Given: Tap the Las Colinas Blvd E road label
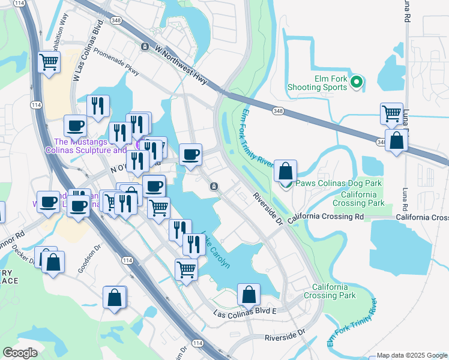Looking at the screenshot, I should point(245,313).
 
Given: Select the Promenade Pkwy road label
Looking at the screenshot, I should point(116,62).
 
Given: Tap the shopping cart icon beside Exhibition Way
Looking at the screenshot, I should point(49,61).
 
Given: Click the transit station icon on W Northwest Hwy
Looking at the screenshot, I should point(145,46).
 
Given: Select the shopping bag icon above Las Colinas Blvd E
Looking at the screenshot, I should point(249,294).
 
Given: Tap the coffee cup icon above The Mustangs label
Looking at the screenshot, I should point(76,125).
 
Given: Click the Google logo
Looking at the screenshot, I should point(20,353).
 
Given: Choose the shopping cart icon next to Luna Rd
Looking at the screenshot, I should point(391,112).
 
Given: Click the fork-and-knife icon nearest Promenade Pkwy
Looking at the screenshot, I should point(97,106).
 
